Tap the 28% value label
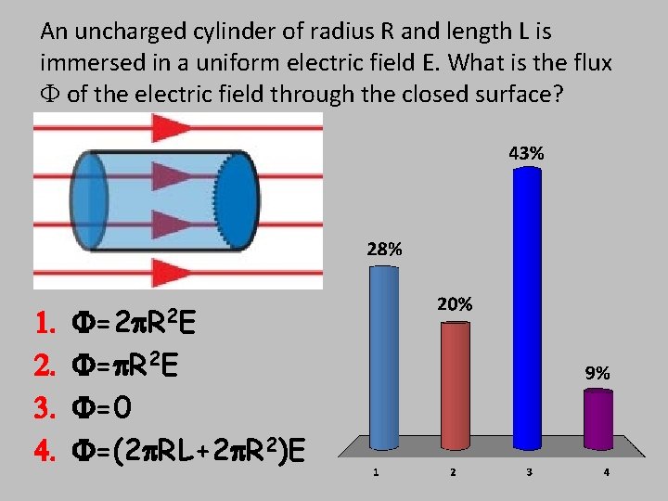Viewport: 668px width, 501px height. (384, 249)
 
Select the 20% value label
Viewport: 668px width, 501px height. (455, 304)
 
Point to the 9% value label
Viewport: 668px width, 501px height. (597, 373)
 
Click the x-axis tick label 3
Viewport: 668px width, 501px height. (529, 473)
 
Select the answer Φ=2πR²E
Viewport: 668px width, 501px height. (135, 326)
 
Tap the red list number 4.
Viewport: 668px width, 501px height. (45, 452)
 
